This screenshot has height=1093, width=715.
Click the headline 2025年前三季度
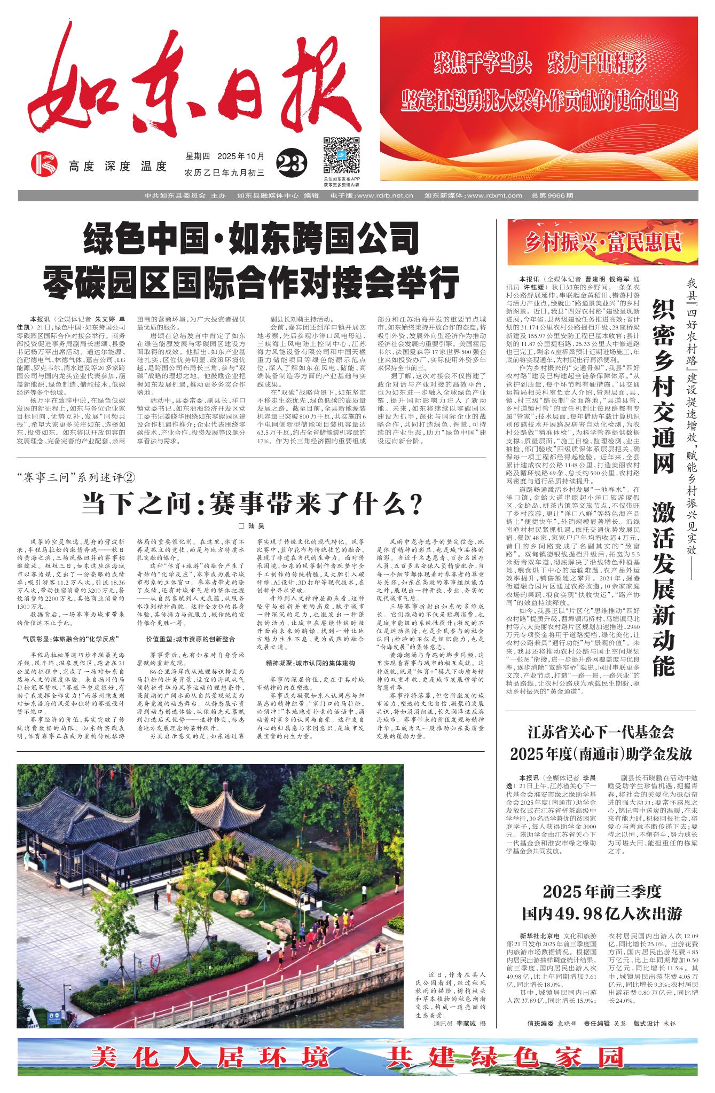click(x=602, y=891)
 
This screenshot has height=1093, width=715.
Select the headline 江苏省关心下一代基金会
click(x=601, y=730)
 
